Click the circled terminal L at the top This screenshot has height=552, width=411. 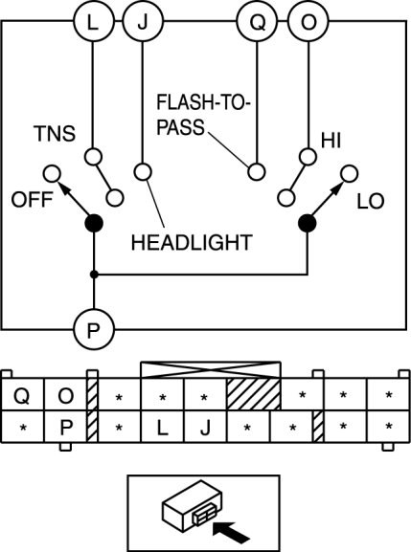click(x=94, y=22)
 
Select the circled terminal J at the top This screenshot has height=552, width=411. click(x=143, y=22)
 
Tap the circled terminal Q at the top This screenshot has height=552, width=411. click(x=257, y=22)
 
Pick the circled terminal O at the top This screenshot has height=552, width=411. click(x=308, y=22)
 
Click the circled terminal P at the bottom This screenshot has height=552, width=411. click(x=94, y=329)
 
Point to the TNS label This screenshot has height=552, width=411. click(x=55, y=134)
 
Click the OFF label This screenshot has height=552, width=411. click(x=32, y=200)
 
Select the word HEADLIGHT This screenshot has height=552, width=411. click(x=192, y=243)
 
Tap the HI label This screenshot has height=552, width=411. click(x=331, y=140)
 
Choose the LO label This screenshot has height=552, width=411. click(x=371, y=202)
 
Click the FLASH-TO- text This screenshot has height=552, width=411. click(x=203, y=102)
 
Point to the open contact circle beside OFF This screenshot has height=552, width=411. click(x=52, y=174)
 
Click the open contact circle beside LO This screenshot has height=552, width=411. click(x=350, y=174)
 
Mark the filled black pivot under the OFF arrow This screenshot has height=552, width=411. click(x=94, y=223)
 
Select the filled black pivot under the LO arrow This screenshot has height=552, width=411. click(x=308, y=223)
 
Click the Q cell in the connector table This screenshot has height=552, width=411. click(x=22, y=395)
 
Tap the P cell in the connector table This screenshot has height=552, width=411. click(x=65, y=427)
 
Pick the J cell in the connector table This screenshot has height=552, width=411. click(x=205, y=427)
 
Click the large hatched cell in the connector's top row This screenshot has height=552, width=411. click(x=254, y=394)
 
